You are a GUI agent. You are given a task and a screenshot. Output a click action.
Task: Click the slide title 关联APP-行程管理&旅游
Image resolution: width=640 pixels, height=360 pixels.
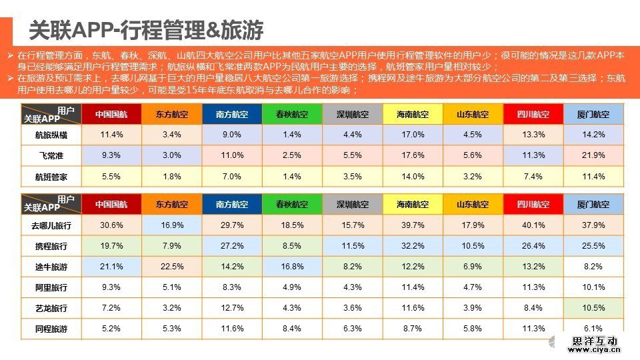click(147, 29)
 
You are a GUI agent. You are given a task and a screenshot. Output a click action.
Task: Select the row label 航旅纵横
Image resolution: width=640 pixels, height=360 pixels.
click(51, 135)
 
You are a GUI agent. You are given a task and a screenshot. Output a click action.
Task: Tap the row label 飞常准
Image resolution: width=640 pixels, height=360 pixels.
click(51, 155)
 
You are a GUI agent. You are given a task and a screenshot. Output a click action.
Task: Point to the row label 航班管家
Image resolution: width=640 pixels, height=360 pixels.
click(51, 177)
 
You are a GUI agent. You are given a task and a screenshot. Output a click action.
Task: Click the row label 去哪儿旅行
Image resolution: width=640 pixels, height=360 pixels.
click(51, 225)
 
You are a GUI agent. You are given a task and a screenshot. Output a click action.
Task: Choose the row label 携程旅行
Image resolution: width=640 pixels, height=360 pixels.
click(51, 246)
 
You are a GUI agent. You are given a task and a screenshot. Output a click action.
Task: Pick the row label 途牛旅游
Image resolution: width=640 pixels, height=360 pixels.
click(51, 267)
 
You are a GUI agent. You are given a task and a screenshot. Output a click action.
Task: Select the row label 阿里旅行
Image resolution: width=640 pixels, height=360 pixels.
click(51, 287)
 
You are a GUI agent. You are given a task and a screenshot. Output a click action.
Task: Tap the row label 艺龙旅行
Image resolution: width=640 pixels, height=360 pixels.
click(51, 308)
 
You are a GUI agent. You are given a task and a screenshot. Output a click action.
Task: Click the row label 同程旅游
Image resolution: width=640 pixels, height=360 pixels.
click(51, 329)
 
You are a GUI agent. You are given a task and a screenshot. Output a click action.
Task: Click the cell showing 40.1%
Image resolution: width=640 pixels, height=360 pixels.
click(533, 225)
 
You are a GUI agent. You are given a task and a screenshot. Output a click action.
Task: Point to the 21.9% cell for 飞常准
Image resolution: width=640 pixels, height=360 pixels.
click(593, 155)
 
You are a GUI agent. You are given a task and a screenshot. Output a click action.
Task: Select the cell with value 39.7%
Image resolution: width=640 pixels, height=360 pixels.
click(413, 225)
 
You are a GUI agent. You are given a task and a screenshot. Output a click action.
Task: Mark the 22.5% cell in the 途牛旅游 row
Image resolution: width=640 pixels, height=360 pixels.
click(172, 267)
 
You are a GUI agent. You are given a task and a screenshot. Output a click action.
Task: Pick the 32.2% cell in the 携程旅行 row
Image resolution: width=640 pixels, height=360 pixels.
click(413, 246)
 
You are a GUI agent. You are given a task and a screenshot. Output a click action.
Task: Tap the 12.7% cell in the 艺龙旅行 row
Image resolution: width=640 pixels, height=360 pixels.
click(232, 308)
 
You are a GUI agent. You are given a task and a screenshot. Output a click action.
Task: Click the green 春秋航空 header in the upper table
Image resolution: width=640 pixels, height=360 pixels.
click(292, 114)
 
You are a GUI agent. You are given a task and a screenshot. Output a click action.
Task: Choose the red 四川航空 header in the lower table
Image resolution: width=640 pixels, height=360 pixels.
click(533, 204)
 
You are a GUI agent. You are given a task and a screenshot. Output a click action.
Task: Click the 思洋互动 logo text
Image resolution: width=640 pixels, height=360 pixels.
click(595, 341)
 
